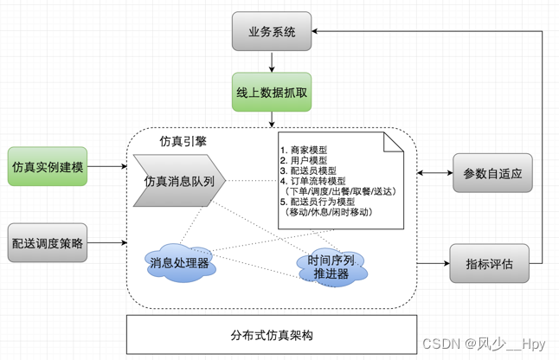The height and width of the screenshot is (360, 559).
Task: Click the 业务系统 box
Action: pos(271,32)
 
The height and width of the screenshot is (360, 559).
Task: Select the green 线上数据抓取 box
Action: pos(271,92)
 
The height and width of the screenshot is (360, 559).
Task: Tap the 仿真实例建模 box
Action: pos(47,166)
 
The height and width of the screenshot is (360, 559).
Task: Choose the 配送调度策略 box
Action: pos(47,243)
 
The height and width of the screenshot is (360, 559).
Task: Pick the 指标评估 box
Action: pos(489,264)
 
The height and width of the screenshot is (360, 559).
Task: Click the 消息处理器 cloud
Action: pos(179,261)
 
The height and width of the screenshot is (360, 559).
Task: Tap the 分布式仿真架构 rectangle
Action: pos(272,335)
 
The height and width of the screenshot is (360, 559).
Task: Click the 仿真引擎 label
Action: pos(183,140)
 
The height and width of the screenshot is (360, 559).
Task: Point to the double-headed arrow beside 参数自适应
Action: pos(435,173)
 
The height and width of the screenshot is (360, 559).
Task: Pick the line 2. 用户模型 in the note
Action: pos(304,160)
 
